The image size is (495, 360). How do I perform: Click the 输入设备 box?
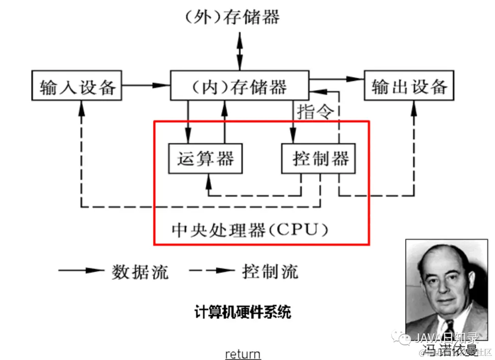point(77,85)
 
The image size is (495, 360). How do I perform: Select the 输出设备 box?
point(409,85)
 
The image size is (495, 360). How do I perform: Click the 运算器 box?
point(205,158)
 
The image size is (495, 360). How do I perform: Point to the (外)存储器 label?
point(232,17)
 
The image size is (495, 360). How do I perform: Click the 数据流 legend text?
point(140,272)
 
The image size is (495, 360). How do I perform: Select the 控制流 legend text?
point(270,272)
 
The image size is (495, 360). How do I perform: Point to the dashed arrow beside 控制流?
point(212,271)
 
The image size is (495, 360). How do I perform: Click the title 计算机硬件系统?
point(243,313)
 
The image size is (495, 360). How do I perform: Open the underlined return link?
point(243,354)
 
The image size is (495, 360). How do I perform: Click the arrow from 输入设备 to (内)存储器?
point(146,85)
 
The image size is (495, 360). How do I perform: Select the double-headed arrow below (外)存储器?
point(239,50)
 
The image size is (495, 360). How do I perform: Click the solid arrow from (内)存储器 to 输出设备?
point(337,79)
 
